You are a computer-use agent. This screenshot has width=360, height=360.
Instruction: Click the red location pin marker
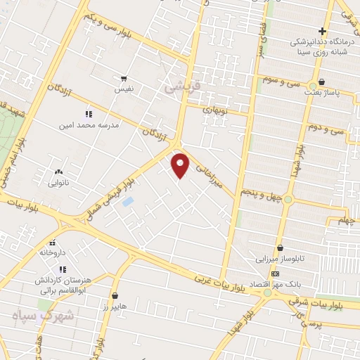(181, 165)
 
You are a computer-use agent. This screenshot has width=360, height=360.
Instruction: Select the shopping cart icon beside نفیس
(124, 79)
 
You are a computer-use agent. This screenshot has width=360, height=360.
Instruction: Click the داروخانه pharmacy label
(52, 251)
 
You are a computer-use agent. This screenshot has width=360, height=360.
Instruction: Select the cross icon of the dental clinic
(322, 31)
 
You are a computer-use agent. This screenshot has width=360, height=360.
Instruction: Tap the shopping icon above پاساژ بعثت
(321, 82)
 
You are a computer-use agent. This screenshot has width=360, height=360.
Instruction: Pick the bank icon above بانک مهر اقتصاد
(275, 274)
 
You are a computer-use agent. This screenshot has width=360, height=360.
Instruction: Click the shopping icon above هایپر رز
(115, 296)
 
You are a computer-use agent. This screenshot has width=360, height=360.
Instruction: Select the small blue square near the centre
(128, 202)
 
